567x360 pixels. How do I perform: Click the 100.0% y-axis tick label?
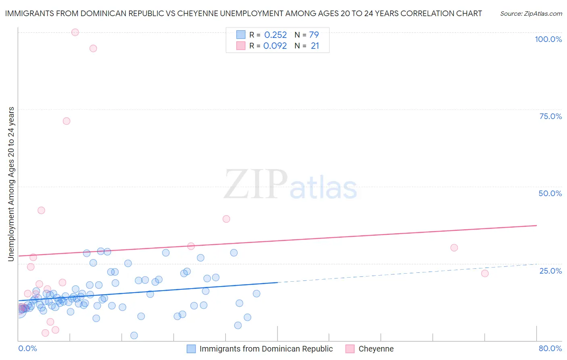pyautogui.click(x=548, y=39)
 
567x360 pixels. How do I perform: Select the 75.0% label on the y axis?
pyautogui.click(x=550, y=116)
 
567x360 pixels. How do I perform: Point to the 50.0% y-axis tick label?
pyautogui.click(x=550, y=193)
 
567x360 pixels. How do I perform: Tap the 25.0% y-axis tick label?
pyautogui.click(x=550, y=270)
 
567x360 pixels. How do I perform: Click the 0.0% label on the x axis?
pyautogui.click(x=27, y=348)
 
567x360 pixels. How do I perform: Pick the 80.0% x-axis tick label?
pyautogui.click(x=550, y=348)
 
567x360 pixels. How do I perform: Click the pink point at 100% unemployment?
pyautogui.click(x=75, y=32)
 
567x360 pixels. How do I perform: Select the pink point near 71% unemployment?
pyautogui.click(x=67, y=121)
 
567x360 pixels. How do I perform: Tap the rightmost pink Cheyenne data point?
pyautogui.click(x=485, y=273)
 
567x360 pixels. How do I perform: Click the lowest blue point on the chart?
pyautogui.click(x=134, y=335)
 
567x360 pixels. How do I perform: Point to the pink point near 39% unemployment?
pyautogui.click(x=226, y=219)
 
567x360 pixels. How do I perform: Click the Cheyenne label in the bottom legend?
pyautogui.click(x=376, y=349)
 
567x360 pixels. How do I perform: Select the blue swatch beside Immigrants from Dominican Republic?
pyautogui.click(x=191, y=349)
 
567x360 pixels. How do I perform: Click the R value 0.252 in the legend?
pyautogui.click(x=275, y=35)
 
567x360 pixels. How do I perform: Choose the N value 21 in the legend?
pyautogui.click(x=315, y=46)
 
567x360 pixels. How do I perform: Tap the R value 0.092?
pyautogui.click(x=275, y=46)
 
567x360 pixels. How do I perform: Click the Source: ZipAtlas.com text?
pyautogui.click(x=531, y=14)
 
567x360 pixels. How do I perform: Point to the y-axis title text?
pyautogui.click(x=11, y=184)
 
